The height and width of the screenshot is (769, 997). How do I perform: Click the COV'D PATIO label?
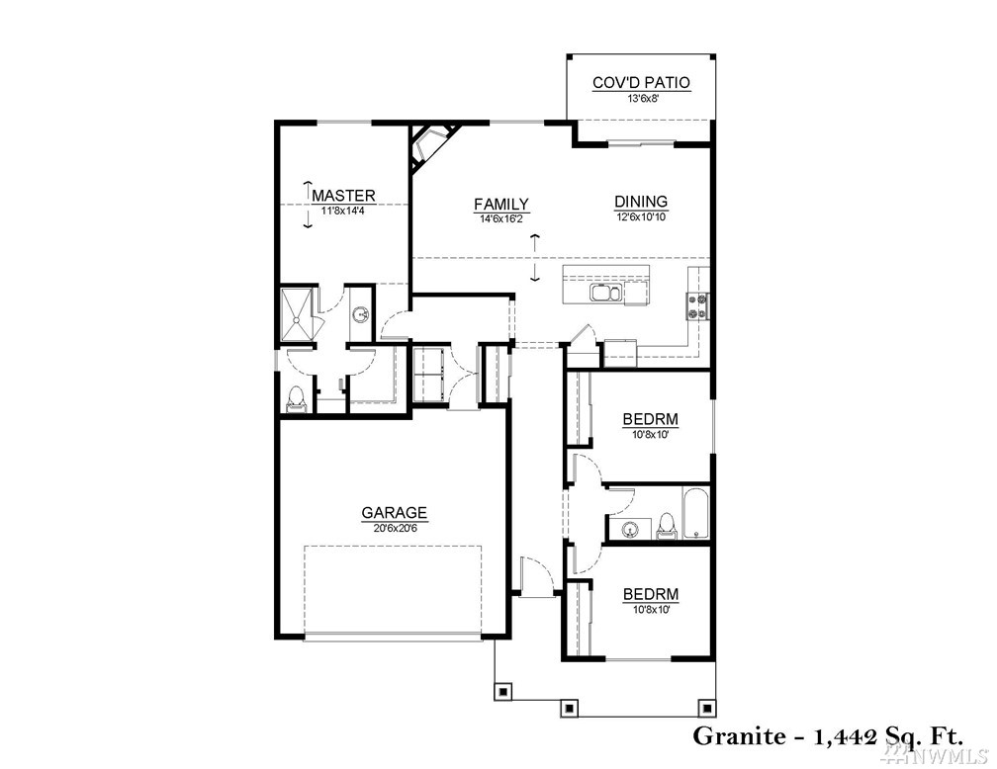[641, 83]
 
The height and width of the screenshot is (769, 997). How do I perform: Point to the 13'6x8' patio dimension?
[641, 98]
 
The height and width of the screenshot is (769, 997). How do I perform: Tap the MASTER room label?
[343, 195]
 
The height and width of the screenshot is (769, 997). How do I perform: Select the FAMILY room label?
[501, 204]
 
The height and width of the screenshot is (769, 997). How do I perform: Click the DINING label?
[641, 202]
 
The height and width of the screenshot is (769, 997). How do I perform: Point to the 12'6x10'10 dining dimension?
[641, 216]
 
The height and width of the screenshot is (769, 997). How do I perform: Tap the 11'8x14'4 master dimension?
[343, 211]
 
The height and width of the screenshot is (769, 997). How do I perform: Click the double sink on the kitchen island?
[606, 293]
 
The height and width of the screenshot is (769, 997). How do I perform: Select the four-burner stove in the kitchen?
[697, 305]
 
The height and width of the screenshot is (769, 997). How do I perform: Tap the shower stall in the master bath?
[297, 314]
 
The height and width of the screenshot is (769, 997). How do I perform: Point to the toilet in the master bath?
[297, 399]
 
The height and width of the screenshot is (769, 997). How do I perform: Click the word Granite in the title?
[739, 736]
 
